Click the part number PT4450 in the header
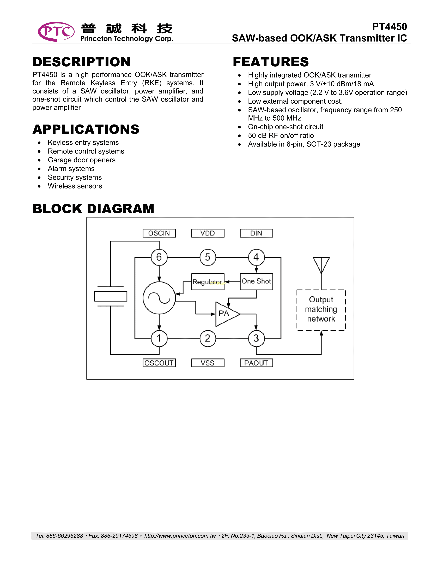coord(389,27)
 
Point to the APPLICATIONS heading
coord(86,129)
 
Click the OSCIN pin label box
coord(159,233)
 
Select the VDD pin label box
coord(208,233)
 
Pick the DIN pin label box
coord(256,233)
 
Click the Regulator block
coord(208,282)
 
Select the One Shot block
coord(256,282)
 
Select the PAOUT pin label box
coord(256,363)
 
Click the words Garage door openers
coord(82,160)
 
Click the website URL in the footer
coord(180,536)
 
